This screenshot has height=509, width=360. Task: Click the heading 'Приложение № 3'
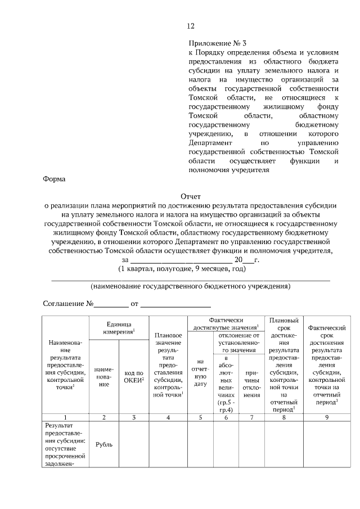pyautogui.click(x=218, y=42)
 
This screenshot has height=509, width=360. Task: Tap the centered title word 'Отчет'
pyautogui.click(x=190, y=197)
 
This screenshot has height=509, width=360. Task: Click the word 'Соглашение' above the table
pyautogui.click(x=64, y=304)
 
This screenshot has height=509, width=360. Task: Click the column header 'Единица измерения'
pyautogui.click(x=119, y=329)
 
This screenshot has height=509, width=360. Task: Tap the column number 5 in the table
pyautogui.click(x=200, y=417)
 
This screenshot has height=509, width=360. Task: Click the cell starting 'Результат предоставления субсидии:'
pyautogui.click(x=66, y=444)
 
